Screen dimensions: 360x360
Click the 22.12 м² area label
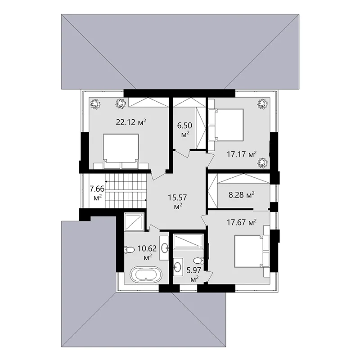point(131,122)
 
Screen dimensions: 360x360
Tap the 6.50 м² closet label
point(184,130)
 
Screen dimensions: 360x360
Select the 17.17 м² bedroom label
point(242,154)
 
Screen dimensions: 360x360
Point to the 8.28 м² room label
point(242,195)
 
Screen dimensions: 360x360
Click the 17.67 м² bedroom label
point(242,222)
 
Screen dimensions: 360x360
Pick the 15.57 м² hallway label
point(177,202)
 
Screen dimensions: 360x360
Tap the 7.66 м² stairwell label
point(97,193)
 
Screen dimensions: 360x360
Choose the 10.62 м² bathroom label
point(147,253)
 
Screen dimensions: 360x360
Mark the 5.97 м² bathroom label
point(194,274)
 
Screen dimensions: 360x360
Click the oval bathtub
point(146,274)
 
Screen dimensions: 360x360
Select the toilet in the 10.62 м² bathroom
point(129,250)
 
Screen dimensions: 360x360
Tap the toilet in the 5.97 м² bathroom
point(198,261)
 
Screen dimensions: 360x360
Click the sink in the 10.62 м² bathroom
point(164,248)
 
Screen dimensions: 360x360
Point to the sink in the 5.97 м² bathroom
point(178,267)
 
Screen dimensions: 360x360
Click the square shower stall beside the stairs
point(134,222)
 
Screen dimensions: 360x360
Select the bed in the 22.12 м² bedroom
point(121,151)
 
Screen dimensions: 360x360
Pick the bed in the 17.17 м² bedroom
point(226,125)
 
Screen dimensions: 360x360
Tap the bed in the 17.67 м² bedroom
point(252,251)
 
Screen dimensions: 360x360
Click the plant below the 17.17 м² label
point(262,162)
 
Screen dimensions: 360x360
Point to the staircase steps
point(126,190)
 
